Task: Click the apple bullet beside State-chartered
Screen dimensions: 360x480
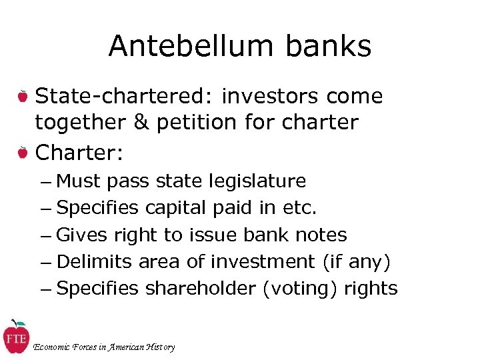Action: (x=23, y=97)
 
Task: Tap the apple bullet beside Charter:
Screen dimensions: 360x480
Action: (x=23, y=153)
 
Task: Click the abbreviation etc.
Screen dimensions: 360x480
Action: (x=300, y=208)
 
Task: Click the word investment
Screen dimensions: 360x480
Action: (x=262, y=262)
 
